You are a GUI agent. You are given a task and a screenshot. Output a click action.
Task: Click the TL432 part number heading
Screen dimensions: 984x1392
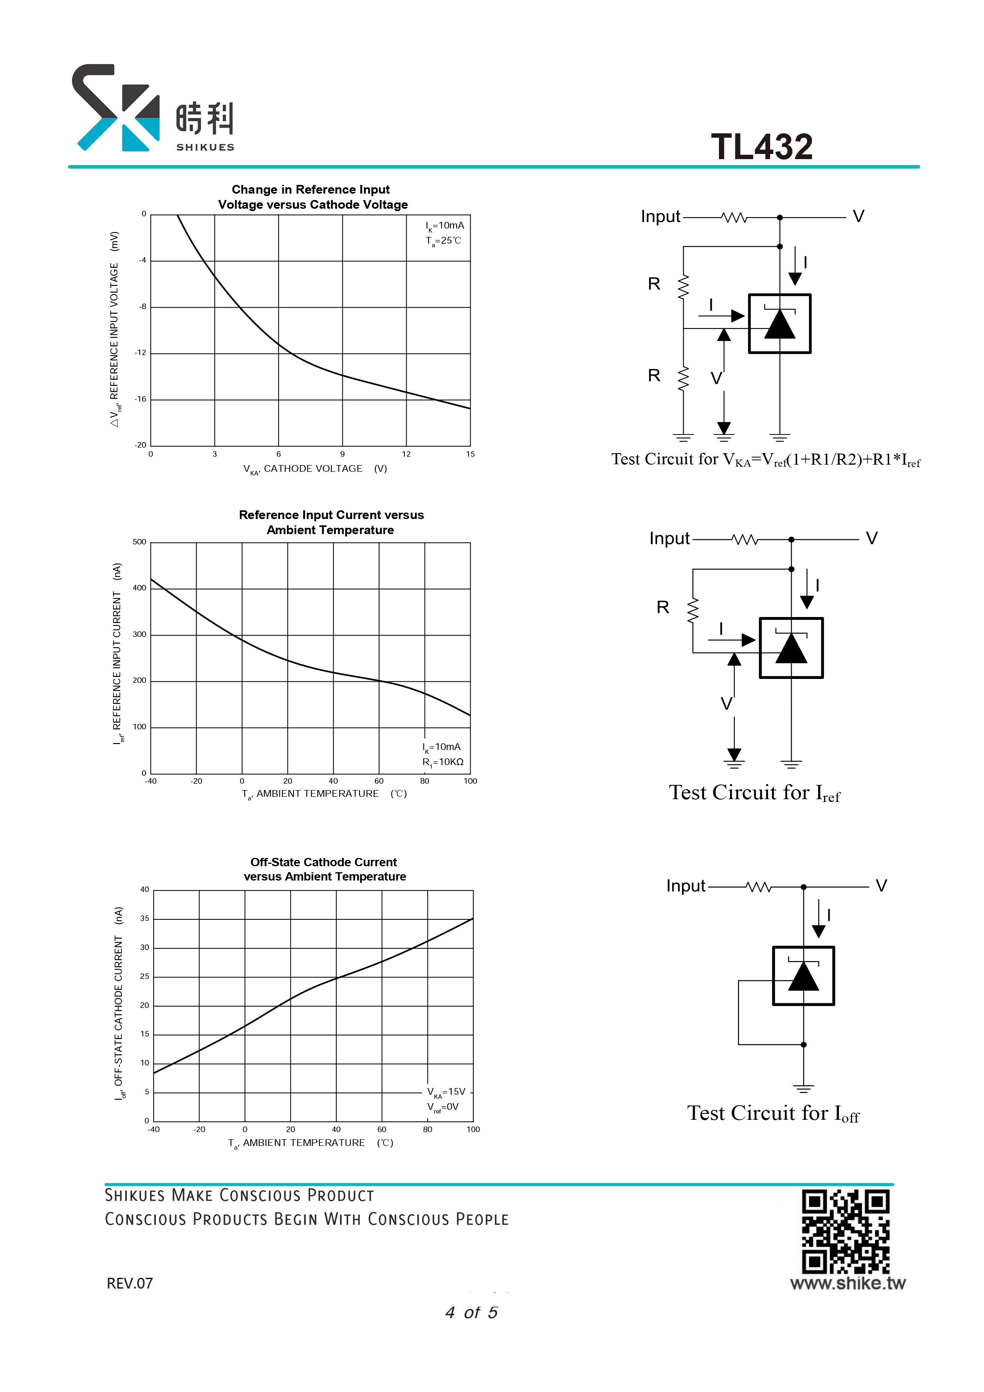pyautogui.click(x=761, y=147)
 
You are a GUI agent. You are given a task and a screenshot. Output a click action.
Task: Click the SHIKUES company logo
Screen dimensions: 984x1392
pyautogui.click(x=153, y=108)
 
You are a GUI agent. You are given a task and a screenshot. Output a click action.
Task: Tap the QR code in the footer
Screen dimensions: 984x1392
pyautogui.click(x=846, y=1231)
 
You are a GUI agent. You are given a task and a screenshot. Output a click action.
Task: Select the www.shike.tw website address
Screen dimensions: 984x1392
pyautogui.click(x=848, y=1284)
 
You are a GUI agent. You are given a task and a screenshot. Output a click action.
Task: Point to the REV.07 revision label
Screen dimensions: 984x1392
pyautogui.click(x=130, y=1284)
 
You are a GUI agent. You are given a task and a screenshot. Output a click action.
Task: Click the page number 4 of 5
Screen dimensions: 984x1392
pyautogui.click(x=472, y=1313)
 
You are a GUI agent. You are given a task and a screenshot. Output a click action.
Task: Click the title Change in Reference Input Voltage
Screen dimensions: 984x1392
pyautogui.click(x=313, y=197)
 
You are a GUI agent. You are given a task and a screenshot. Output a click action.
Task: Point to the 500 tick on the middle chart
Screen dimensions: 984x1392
pyautogui.click(x=139, y=542)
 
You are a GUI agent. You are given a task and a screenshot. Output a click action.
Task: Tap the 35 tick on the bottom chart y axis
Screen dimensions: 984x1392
pyautogui.click(x=144, y=919)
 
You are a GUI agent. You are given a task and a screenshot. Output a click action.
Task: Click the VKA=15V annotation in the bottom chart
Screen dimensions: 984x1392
pyautogui.click(x=446, y=1092)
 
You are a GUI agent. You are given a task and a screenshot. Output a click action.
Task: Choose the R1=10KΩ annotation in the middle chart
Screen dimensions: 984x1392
pyautogui.click(x=443, y=762)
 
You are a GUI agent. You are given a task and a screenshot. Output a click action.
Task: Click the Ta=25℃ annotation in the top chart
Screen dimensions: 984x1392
pyautogui.click(x=443, y=241)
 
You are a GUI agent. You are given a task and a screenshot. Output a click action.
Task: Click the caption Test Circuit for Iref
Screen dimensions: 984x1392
pyautogui.click(x=755, y=793)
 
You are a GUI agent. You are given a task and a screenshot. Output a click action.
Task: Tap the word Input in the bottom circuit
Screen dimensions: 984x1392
pyautogui.click(x=686, y=886)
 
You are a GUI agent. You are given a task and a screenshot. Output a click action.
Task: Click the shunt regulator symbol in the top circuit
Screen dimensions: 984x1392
pyautogui.click(x=780, y=324)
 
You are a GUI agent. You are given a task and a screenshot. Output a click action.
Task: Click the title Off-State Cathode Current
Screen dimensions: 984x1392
pyautogui.click(x=324, y=862)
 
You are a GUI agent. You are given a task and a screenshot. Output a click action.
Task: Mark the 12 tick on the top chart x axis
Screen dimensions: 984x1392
pyautogui.click(x=406, y=454)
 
